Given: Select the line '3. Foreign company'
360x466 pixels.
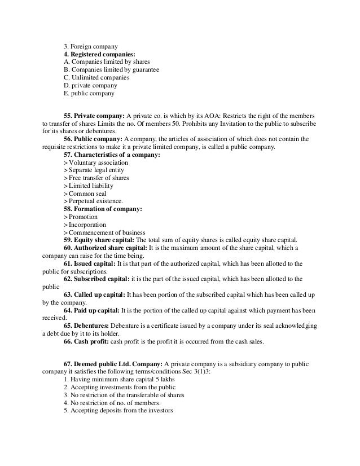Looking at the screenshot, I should coord(91,46).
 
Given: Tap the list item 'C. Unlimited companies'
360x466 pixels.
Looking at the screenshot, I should coord(96,77).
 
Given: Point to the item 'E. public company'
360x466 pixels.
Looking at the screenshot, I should coord(89,93).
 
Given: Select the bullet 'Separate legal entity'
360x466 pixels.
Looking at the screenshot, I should coord(96,170).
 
